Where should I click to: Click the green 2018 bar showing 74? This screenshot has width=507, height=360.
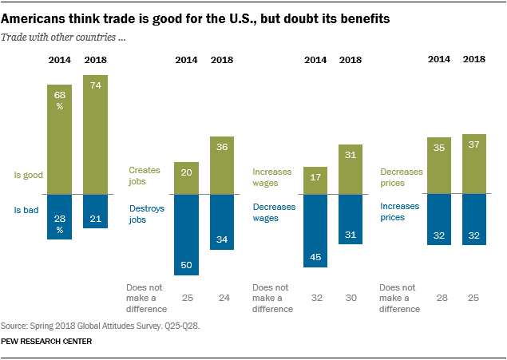coord(95,134)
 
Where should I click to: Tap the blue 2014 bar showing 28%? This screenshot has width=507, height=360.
coord(59,216)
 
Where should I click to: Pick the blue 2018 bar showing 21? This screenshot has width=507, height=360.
coord(95,211)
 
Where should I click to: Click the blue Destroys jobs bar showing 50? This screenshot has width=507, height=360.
coord(186,235)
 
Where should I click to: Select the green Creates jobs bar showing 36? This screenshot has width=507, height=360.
coord(222,165)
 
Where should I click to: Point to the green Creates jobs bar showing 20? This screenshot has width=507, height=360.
coord(186,178)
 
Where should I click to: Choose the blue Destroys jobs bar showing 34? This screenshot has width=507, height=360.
coord(222,222)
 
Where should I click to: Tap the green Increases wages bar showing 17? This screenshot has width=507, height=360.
coord(315,180)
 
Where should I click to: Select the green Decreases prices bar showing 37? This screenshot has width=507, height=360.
coord(474,164)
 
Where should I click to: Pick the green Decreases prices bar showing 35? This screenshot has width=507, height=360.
coord(438,165)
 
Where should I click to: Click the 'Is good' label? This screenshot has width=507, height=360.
coord(29,174)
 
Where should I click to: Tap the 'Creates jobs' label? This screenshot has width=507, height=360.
coord(143,176)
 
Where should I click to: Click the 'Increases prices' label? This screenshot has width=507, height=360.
coord(399,211)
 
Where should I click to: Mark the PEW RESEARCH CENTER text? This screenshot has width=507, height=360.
coord(46,341)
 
